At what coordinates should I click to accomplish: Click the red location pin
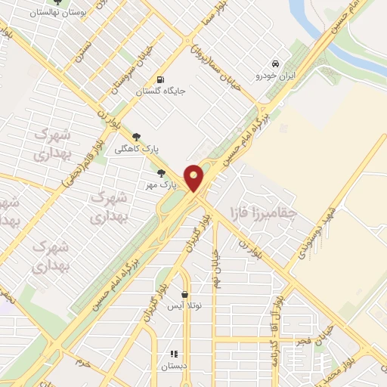(x=194, y=178)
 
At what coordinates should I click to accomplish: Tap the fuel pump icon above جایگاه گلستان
(x=159, y=80)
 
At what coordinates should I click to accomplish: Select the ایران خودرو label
(x=274, y=76)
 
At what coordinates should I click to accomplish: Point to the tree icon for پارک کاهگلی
(x=136, y=137)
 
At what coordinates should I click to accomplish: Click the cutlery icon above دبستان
(x=173, y=353)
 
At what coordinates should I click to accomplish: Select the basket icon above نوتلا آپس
(x=185, y=295)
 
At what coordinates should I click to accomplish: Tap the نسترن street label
(x=85, y=51)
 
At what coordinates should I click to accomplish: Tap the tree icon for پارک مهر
(x=160, y=173)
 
